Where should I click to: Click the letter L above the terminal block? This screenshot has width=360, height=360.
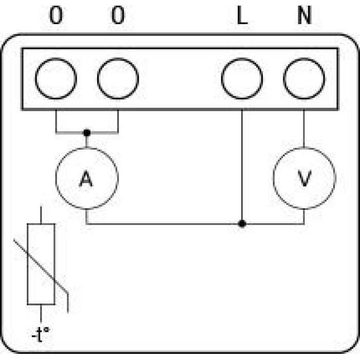[242, 15]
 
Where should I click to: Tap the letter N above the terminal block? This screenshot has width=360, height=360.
[304, 15]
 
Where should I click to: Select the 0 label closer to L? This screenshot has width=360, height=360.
[118, 15]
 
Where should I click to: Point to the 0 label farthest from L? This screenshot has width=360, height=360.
[56, 15]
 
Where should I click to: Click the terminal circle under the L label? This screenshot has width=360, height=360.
[242, 59]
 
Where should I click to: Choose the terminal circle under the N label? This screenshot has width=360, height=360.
[304, 59]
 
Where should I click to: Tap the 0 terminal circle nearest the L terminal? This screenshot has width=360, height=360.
[118, 59]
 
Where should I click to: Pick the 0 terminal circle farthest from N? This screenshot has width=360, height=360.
[56, 59]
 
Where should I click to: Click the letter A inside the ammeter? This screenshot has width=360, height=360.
[86, 178]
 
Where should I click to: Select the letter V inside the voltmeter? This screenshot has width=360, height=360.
[304, 178]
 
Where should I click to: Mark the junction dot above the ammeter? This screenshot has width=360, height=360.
[87, 133]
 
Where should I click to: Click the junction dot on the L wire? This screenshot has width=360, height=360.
[242, 224]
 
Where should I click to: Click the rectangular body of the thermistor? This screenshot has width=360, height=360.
[28, 264]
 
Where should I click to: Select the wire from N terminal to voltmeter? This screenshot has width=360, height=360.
[304, 129]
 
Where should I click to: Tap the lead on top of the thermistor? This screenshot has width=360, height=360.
[41, 215]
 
